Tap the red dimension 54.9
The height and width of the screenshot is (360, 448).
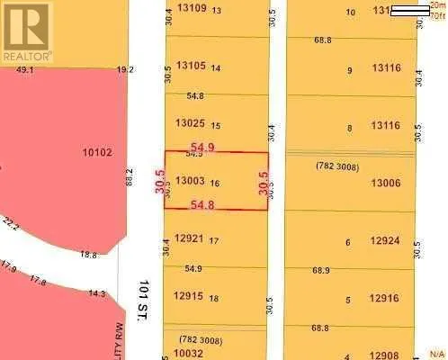coord(203,146)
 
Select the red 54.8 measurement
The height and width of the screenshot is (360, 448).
coord(203,205)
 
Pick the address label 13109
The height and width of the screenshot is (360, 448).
coord(192,8)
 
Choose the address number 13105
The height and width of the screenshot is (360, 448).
coord(192,66)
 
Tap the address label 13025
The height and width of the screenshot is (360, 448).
coord(192,123)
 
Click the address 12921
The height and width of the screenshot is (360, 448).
coord(190,238)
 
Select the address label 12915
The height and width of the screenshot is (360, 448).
coord(190,296)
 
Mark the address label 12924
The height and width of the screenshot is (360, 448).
coord(385,240)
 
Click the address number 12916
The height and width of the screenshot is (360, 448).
coord(385,298)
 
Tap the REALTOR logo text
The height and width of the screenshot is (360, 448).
coord(26,56)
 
